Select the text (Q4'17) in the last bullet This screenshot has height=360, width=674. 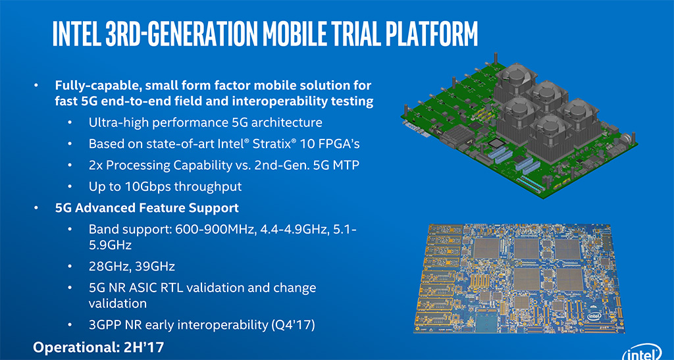[293, 324]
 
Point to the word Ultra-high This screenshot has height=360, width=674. [118, 123]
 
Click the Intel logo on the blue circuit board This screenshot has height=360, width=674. [594, 316]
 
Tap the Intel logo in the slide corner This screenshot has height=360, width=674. [642, 353]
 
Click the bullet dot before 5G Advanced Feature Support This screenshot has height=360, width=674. [38, 208]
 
